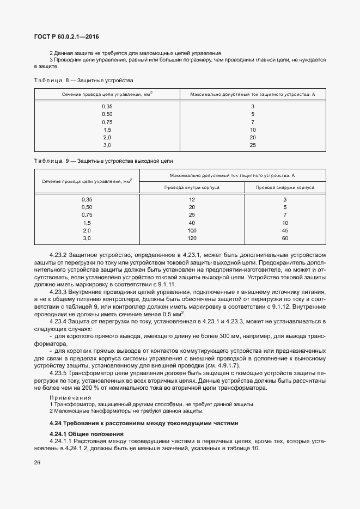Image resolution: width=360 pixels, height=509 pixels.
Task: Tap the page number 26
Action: pyautogui.click(x=37, y=463)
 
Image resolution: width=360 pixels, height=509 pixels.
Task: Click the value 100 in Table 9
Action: pyautogui.click(x=192, y=231)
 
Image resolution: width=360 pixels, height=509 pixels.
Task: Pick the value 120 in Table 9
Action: pyautogui.click(x=192, y=238)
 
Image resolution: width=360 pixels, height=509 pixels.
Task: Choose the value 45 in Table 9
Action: pyautogui.click(x=285, y=231)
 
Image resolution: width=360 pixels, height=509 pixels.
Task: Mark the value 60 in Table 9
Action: pyautogui.click(x=285, y=238)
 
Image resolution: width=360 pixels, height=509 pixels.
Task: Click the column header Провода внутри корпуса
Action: pyautogui.click(x=192, y=187)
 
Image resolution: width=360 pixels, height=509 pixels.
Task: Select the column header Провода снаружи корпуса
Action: pyautogui.click(x=285, y=187)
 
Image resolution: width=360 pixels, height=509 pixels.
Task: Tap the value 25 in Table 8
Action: pyautogui.click(x=253, y=145)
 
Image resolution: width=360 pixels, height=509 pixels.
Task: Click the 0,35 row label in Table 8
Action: pyautogui.click(x=107, y=106)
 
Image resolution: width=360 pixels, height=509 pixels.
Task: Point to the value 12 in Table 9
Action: pyautogui.click(x=192, y=200)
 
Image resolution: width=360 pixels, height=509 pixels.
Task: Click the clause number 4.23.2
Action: pyautogui.click(x=59, y=255)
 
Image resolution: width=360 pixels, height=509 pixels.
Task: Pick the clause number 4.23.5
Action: pyautogui.click(x=59, y=374)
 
